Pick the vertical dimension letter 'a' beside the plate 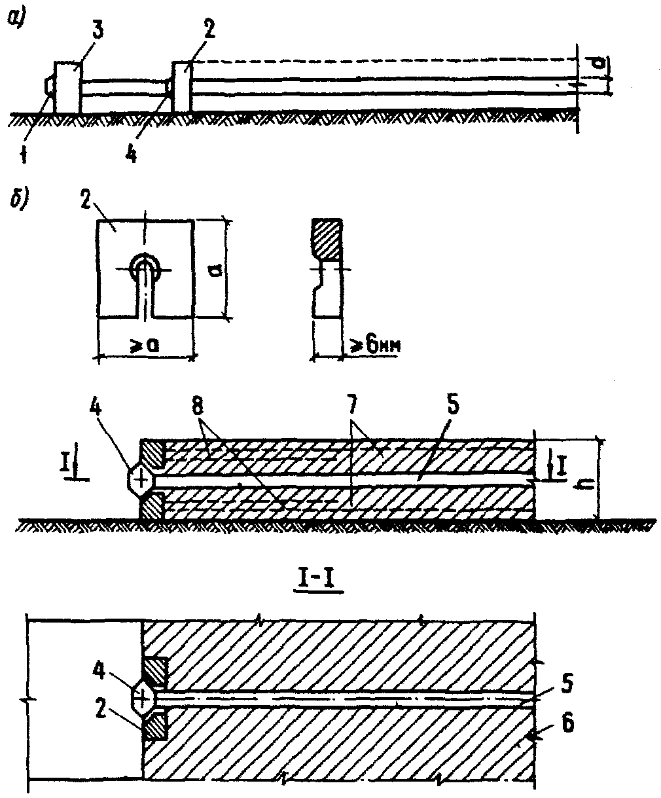pos(221,268)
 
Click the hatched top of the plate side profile pos(325,240)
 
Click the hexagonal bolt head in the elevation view pos(140,480)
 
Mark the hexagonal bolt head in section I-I pos(142,698)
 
